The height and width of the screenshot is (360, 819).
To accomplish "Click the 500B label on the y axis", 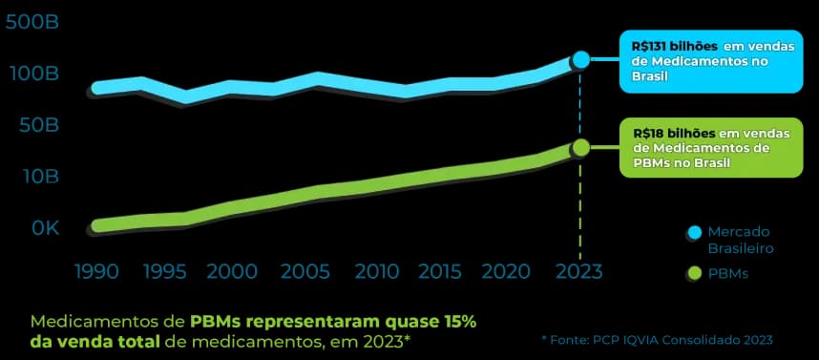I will tap(31, 22).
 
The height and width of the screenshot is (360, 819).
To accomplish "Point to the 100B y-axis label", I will tap(31, 74).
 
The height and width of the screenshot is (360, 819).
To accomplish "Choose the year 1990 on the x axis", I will tap(96, 271).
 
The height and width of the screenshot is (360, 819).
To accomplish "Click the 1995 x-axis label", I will tap(163, 271).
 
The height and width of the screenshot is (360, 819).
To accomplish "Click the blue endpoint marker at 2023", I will tap(580, 60).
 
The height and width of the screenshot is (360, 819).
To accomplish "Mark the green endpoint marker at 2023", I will tap(580, 147).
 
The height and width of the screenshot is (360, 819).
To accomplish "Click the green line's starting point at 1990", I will tap(97, 226).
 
